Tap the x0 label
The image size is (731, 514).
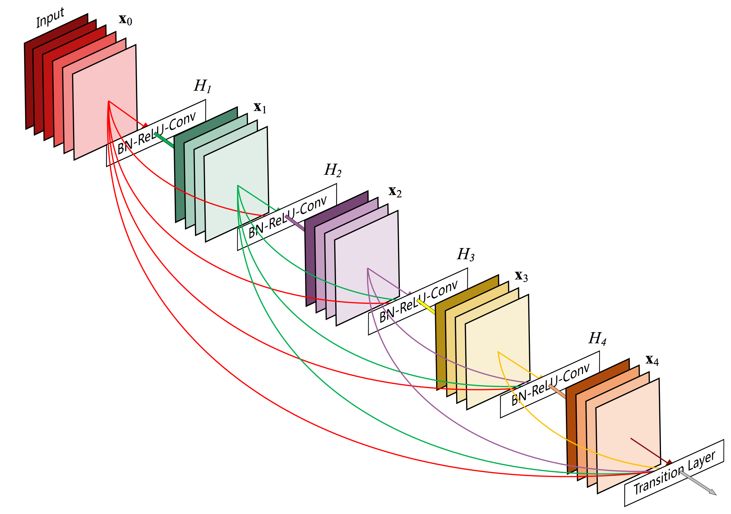tap(125, 20)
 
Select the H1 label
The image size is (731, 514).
tap(202, 86)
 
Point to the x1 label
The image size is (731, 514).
tap(260, 107)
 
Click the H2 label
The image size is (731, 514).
tap(333, 170)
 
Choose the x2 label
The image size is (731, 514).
tap(395, 191)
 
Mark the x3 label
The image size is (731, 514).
tap(521, 276)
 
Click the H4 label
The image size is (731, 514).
tap(597, 339)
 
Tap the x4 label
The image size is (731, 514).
tap(652, 360)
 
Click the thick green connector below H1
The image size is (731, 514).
tap(164, 140)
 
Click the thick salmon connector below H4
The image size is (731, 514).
tap(557, 392)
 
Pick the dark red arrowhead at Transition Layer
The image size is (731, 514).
tap(669, 463)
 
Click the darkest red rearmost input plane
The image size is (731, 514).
tap(29, 86)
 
